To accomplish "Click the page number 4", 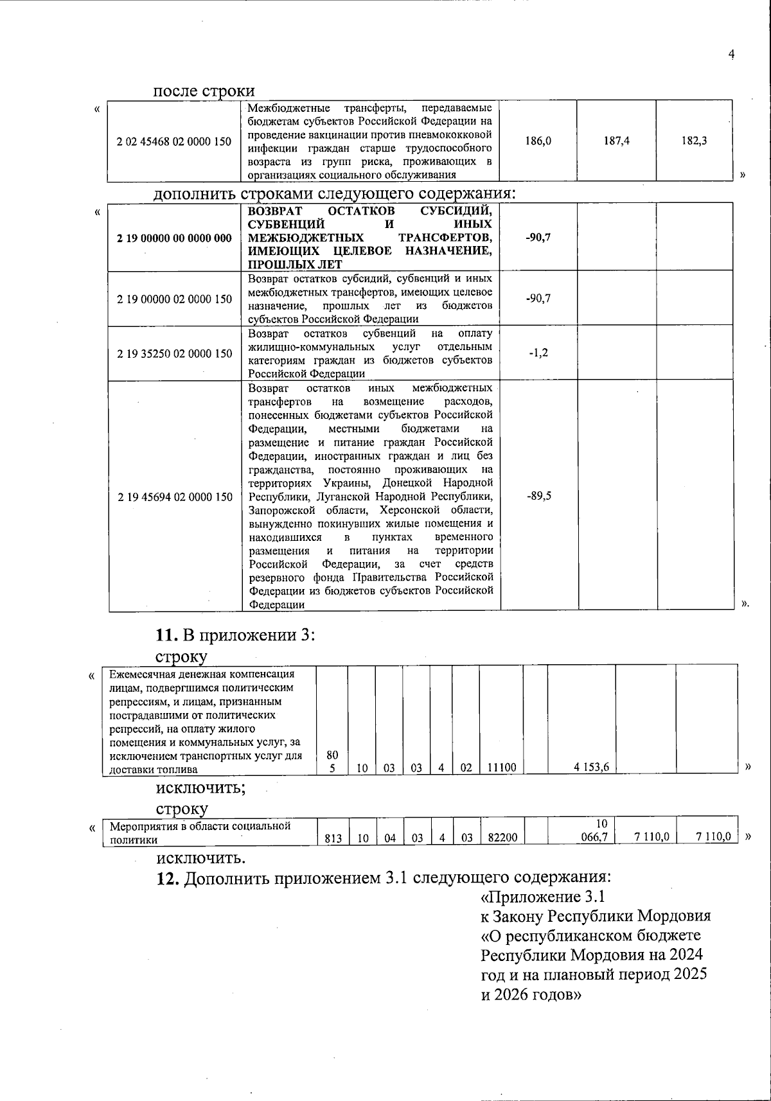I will [x=731, y=55].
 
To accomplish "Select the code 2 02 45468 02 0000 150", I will [x=174, y=141].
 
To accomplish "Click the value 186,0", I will [x=538, y=141].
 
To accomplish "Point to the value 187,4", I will [x=616, y=141].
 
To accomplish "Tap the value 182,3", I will [x=695, y=141].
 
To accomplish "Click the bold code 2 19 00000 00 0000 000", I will [x=174, y=238].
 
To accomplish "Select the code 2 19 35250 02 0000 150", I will [x=174, y=353].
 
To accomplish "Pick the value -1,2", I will [x=538, y=353].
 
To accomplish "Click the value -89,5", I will [x=538, y=497].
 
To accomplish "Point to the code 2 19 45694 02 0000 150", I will [x=174, y=497].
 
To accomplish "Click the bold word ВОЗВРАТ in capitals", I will [x=274, y=211].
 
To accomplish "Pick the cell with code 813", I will [x=333, y=838].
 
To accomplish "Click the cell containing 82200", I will [x=501, y=838].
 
